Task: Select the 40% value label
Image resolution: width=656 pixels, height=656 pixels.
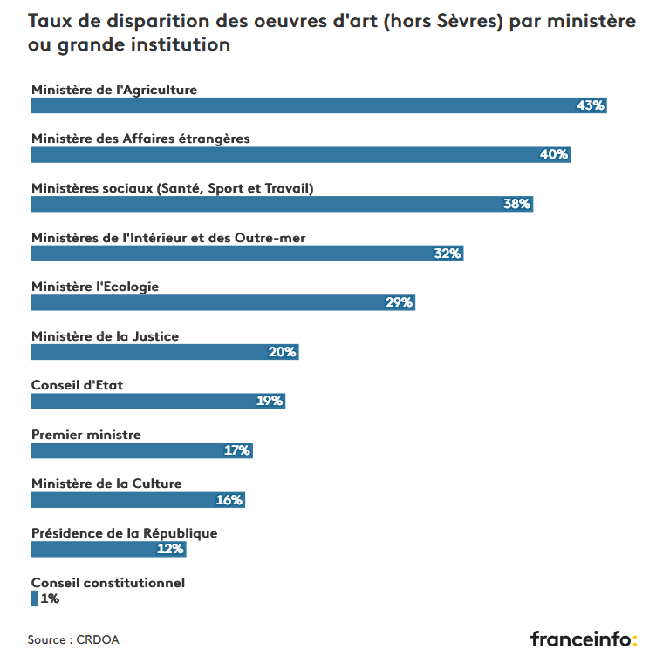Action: point(554,154)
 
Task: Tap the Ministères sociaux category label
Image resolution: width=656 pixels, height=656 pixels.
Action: point(172,188)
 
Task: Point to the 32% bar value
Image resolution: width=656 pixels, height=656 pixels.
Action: point(448,254)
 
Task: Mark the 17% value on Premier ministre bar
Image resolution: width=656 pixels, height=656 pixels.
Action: point(237,450)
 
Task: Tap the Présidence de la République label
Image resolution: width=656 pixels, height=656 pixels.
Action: point(124,533)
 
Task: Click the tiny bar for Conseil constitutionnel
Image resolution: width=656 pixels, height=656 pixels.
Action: point(34,599)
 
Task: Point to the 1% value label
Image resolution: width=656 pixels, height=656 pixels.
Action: point(50,599)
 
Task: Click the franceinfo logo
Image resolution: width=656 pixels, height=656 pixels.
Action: point(583,639)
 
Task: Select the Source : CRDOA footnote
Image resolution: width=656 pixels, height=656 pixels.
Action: point(73,639)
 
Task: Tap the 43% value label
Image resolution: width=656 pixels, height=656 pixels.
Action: point(591,105)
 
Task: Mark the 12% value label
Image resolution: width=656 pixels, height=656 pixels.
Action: point(170,549)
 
